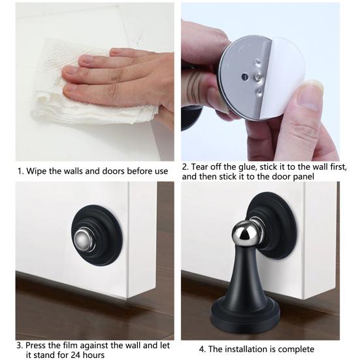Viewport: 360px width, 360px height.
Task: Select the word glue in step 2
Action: point(247,167)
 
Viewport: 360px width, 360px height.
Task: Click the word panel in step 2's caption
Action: point(303,177)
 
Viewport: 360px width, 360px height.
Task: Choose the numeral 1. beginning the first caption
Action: point(21,171)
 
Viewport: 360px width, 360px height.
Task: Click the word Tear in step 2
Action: point(200,167)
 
